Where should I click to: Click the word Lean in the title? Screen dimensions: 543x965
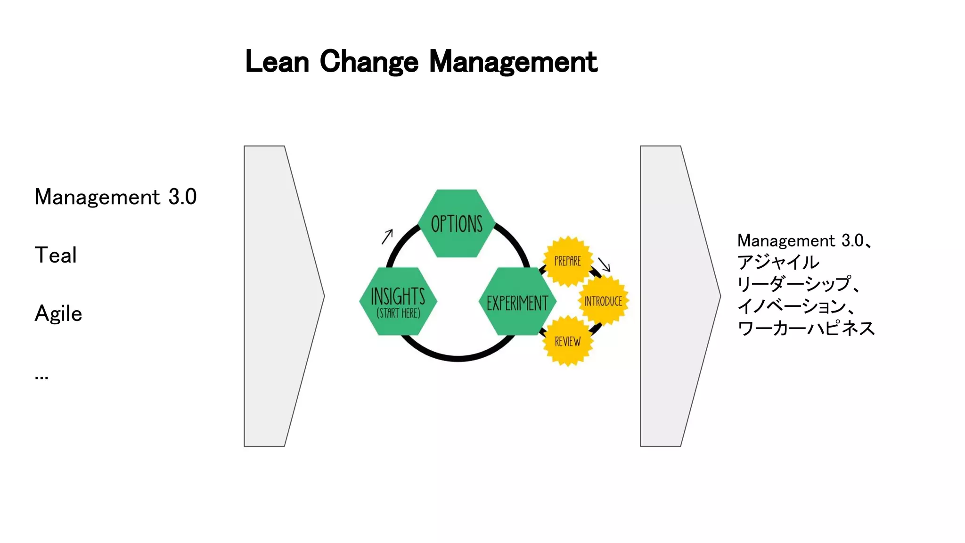277,62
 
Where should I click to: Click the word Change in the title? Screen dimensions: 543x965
369,62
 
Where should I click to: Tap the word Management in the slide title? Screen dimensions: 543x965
513,62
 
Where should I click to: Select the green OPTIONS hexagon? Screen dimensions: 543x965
457,223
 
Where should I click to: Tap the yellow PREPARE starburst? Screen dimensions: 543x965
567,261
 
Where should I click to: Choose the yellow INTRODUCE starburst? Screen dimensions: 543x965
603,301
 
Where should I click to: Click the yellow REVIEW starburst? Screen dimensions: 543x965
567,341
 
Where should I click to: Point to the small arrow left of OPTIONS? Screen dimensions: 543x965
387,236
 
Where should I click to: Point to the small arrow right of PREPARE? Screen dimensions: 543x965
604,264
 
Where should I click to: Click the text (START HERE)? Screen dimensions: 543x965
398,313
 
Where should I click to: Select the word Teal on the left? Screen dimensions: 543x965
56,255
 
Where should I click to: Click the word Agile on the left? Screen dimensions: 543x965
58,314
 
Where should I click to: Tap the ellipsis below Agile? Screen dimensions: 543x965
41,377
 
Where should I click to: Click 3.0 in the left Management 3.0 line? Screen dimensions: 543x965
182,197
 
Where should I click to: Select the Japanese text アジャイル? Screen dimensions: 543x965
778,262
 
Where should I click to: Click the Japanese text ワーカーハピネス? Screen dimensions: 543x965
806,328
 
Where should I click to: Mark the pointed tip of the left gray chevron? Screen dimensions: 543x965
324,296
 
